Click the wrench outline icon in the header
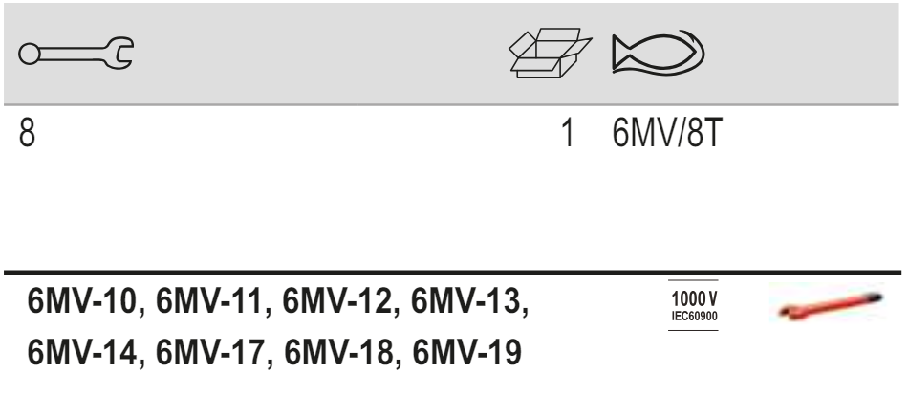[76, 54]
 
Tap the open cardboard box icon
[550, 53]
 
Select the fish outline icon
[658, 53]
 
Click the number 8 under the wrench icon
[28, 133]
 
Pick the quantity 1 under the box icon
[568, 133]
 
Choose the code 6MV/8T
[667, 133]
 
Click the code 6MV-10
[82, 301]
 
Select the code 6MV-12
[337, 301]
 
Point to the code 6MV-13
[465, 301]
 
